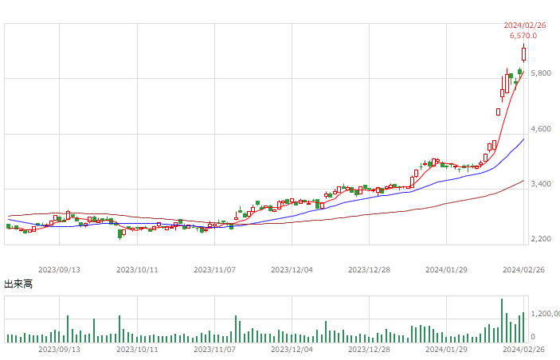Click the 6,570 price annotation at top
[x=523, y=35]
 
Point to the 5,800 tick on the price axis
[x=540, y=73]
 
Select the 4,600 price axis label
[x=540, y=128]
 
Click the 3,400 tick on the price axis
[x=540, y=184]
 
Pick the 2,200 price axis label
[x=540, y=239]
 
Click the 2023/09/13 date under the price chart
[x=61, y=270]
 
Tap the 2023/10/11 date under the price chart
[x=138, y=270]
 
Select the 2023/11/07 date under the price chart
[x=215, y=270]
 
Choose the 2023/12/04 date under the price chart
[x=292, y=270]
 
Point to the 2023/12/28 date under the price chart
[x=370, y=270]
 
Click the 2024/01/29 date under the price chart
[x=447, y=270]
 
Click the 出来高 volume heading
[x=18, y=284]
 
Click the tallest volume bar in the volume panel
[x=502, y=320]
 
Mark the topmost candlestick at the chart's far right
[x=524, y=54]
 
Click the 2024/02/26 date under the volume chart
[x=523, y=349]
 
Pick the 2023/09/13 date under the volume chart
[x=61, y=349]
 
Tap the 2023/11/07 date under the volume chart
[x=215, y=349]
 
